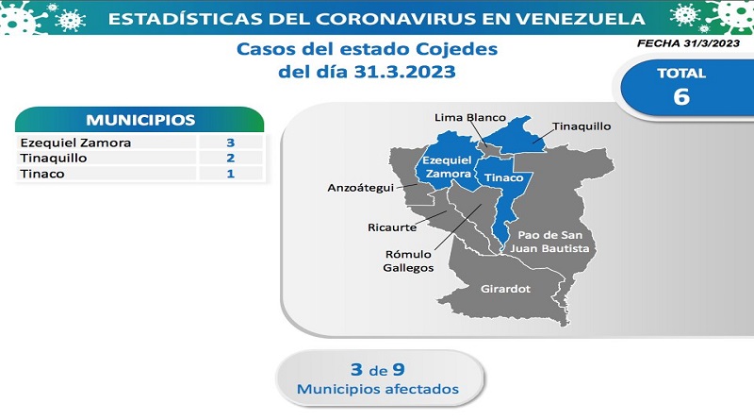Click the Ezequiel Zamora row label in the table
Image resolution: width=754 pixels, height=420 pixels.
[x=75, y=143]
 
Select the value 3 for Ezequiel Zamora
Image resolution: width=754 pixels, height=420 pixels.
[x=230, y=143]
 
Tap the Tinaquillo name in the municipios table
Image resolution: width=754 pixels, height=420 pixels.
[x=54, y=158]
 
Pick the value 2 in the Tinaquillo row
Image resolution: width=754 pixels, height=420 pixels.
[x=230, y=158]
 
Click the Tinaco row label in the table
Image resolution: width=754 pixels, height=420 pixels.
[x=42, y=174]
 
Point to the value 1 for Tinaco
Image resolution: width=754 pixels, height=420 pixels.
[x=230, y=174]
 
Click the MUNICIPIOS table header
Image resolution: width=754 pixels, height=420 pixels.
[x=140, y=120]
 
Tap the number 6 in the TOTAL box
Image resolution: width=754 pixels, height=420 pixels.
[x=681, y=96]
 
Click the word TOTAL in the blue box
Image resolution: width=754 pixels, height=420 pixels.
[x=681, y=74]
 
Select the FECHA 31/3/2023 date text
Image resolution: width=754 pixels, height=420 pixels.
[x=688, y=43]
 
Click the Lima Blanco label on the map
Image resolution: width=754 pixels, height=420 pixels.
[x=469, y=118]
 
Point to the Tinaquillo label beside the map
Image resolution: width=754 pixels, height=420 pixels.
[x=582, y=126]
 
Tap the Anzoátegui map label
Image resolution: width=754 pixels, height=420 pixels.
[x=361, y=188]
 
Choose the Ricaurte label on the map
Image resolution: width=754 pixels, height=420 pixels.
[x=392, y=227]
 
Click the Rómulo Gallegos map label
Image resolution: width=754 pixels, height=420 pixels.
[x=408, y=261]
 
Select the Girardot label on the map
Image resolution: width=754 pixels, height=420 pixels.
[x=505, y=289]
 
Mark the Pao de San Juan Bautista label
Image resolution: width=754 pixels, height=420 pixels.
[x=549, y=242]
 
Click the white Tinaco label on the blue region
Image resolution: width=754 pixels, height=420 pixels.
[x=503, y=177]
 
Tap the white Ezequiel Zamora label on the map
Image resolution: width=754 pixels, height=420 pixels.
[x=448, y=167]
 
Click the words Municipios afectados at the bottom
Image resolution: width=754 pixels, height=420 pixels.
[x=378, y=389]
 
